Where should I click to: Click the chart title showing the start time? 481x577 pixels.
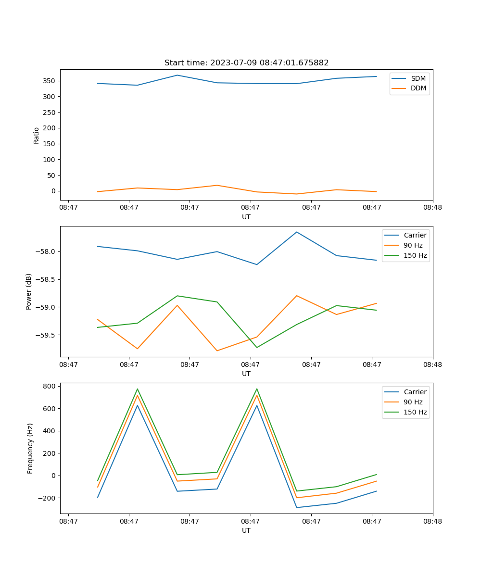246,63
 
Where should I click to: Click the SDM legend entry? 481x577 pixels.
418,78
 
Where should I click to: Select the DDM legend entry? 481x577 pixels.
418,88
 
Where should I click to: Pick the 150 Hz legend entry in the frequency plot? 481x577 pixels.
415,412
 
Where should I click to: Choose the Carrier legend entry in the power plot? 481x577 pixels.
415,235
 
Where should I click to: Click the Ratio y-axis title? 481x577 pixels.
37,135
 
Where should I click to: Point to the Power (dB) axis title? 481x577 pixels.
29,291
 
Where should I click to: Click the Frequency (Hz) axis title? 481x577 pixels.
30,448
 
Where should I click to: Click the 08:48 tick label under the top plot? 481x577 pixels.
432,208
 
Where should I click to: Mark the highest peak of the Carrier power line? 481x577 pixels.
297,232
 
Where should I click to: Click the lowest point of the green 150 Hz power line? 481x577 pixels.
257,347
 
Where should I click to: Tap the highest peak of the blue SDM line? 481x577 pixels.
177,75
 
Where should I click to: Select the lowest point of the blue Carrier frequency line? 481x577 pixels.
297,507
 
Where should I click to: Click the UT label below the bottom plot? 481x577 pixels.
246,530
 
